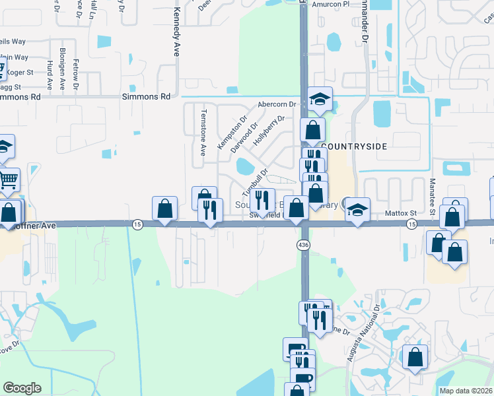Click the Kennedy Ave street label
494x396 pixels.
(x=176, y=32)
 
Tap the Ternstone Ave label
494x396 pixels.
(x=203, y=133)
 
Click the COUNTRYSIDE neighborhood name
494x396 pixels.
(x=353, y=145)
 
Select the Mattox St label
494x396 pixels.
(x=402, y=213)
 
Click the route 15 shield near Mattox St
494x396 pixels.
(x=411, y=224)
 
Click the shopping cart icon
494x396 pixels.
(x=8, y=179)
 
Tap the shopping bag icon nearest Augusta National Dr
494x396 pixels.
(x=415, y=357)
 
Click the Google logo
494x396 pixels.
(x=22, y=387)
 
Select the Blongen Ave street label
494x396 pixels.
(x=62, y=68)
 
